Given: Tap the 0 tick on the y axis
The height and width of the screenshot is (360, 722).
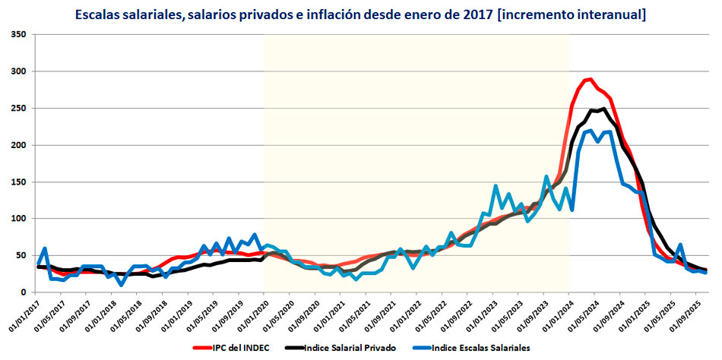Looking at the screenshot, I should (24, 292).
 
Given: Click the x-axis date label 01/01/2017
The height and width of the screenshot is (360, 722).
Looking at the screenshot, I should (26, 314).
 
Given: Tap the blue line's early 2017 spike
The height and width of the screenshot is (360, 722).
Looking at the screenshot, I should (45, 249).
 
